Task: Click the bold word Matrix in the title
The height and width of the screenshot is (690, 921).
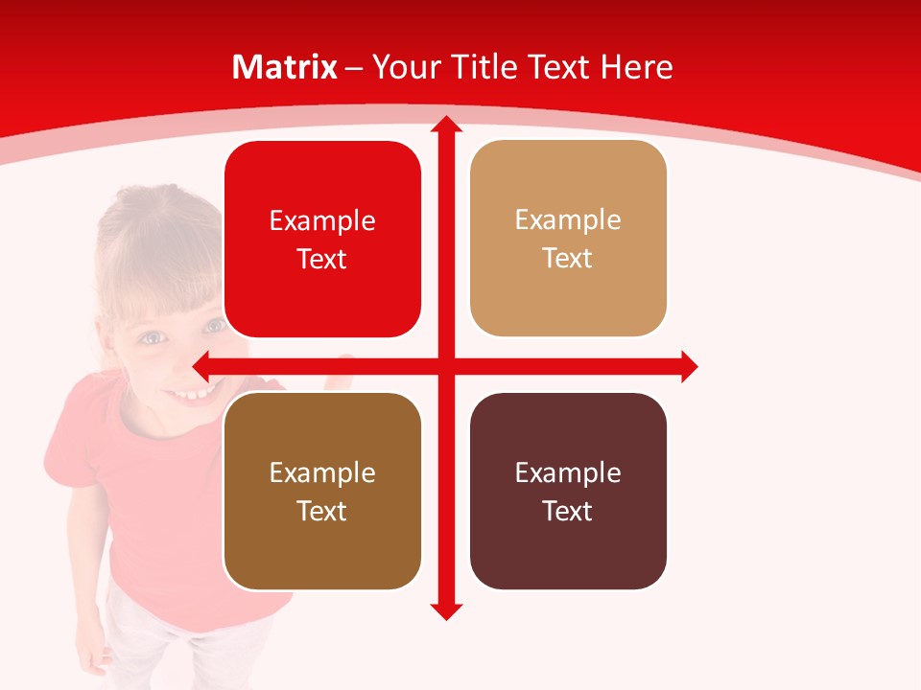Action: pos(285,67)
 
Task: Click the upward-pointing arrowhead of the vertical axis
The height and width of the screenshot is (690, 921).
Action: pos(446,125)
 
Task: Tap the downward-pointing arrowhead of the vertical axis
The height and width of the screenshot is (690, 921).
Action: pos(446,610)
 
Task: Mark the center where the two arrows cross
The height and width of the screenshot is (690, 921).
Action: pos(446,366)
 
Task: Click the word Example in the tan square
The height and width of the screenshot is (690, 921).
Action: pos(568,220)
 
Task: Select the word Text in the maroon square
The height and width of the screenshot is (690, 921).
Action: pos(568,511)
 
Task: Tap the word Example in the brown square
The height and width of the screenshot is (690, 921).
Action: pos(322,472)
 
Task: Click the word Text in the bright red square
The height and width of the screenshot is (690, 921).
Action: pos(322,260)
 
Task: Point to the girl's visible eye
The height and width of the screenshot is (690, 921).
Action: pos(152,337)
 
